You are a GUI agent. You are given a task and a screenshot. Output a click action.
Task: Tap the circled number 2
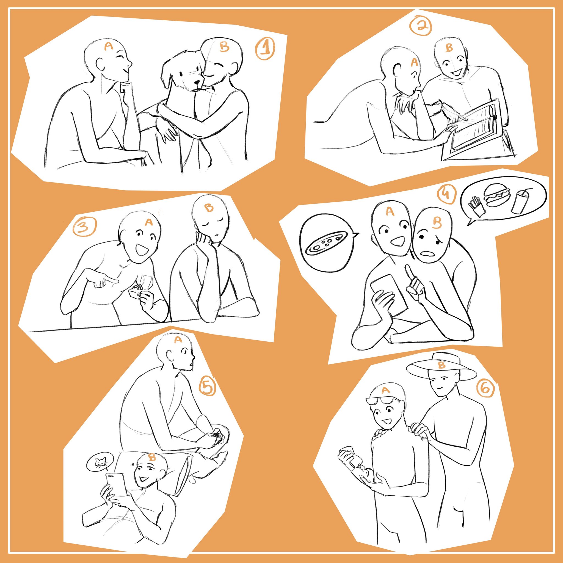click(420, 26)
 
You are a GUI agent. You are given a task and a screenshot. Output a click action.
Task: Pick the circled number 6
click(485, 389)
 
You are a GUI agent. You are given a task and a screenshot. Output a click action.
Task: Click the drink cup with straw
click(520, 201)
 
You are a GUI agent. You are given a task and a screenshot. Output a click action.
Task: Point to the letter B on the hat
click(441, 365)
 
